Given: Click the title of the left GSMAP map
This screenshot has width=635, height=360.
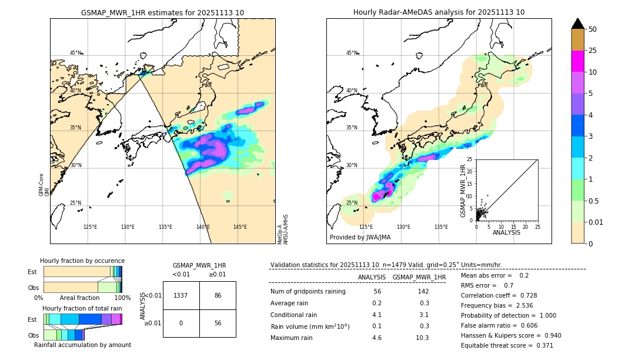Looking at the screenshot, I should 162,12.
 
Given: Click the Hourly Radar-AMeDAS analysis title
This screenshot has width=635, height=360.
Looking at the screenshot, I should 439,12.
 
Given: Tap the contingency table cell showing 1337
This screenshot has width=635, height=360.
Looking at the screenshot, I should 181,295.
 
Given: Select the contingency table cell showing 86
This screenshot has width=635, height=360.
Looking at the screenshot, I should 218,295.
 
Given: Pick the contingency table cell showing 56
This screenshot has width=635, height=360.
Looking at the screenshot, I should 218,323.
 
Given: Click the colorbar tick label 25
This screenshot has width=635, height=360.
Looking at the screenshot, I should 593,51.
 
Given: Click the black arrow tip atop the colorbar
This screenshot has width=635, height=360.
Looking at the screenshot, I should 578,23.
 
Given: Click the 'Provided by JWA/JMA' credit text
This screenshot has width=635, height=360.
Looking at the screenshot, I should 360,238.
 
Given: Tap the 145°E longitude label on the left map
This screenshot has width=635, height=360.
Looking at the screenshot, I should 240,227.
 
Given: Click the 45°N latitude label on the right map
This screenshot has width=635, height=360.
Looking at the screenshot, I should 352,53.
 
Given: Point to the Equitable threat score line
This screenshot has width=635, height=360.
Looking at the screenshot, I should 507,345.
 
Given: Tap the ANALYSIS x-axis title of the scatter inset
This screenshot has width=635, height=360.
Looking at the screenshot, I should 506,232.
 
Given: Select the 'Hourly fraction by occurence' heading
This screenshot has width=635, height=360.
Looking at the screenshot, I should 82,261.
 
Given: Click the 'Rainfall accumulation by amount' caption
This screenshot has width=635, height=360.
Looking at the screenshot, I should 82,345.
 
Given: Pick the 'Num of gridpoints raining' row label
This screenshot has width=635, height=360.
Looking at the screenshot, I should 308,291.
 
